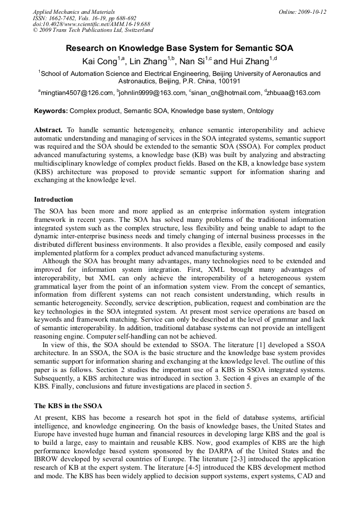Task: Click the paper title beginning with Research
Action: point(179,48)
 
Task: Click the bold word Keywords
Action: point(50,111)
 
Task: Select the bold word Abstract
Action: point(48,130)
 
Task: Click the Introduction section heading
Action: point(54,200)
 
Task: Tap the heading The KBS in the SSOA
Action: point(68,406)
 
